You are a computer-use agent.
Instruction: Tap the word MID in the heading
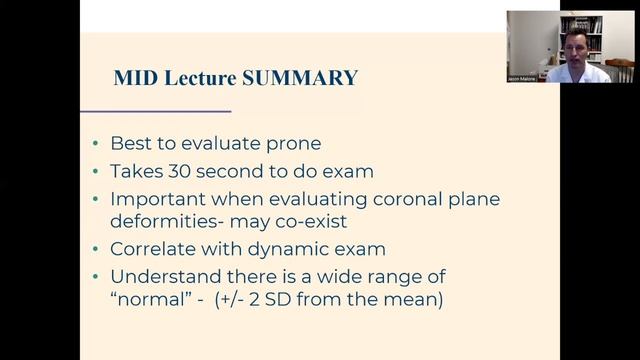pyautogui.click(x=134, y=78)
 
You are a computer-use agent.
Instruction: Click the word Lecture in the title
pyautogui.click(x=202, y=78)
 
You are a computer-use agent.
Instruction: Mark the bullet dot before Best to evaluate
pyautogui.click(x=95, y=145)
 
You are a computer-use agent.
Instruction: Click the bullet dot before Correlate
pyautogui.click(x=95, y=250)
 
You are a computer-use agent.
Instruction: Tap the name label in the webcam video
pyautogui.click(x=521, y=78)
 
